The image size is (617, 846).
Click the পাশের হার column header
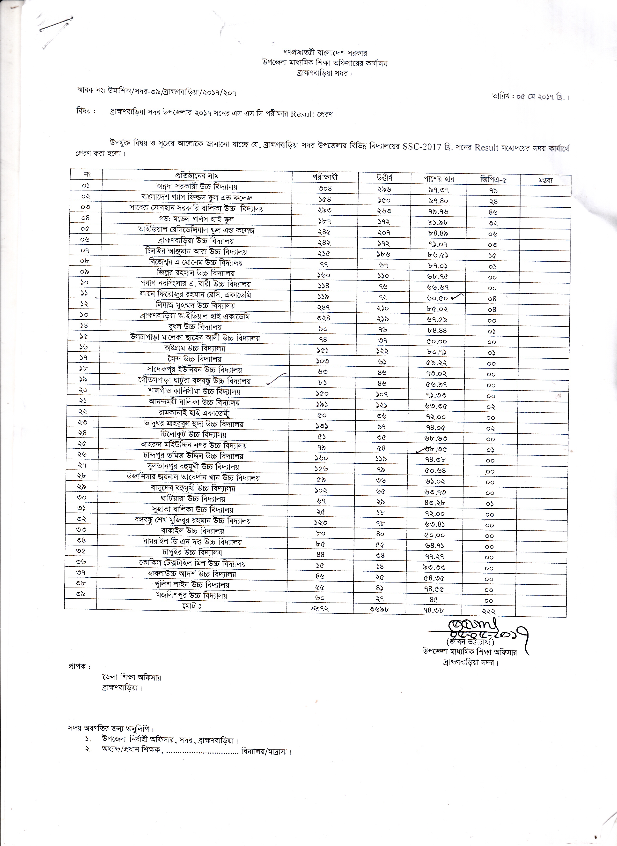(x=439, y=179)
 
